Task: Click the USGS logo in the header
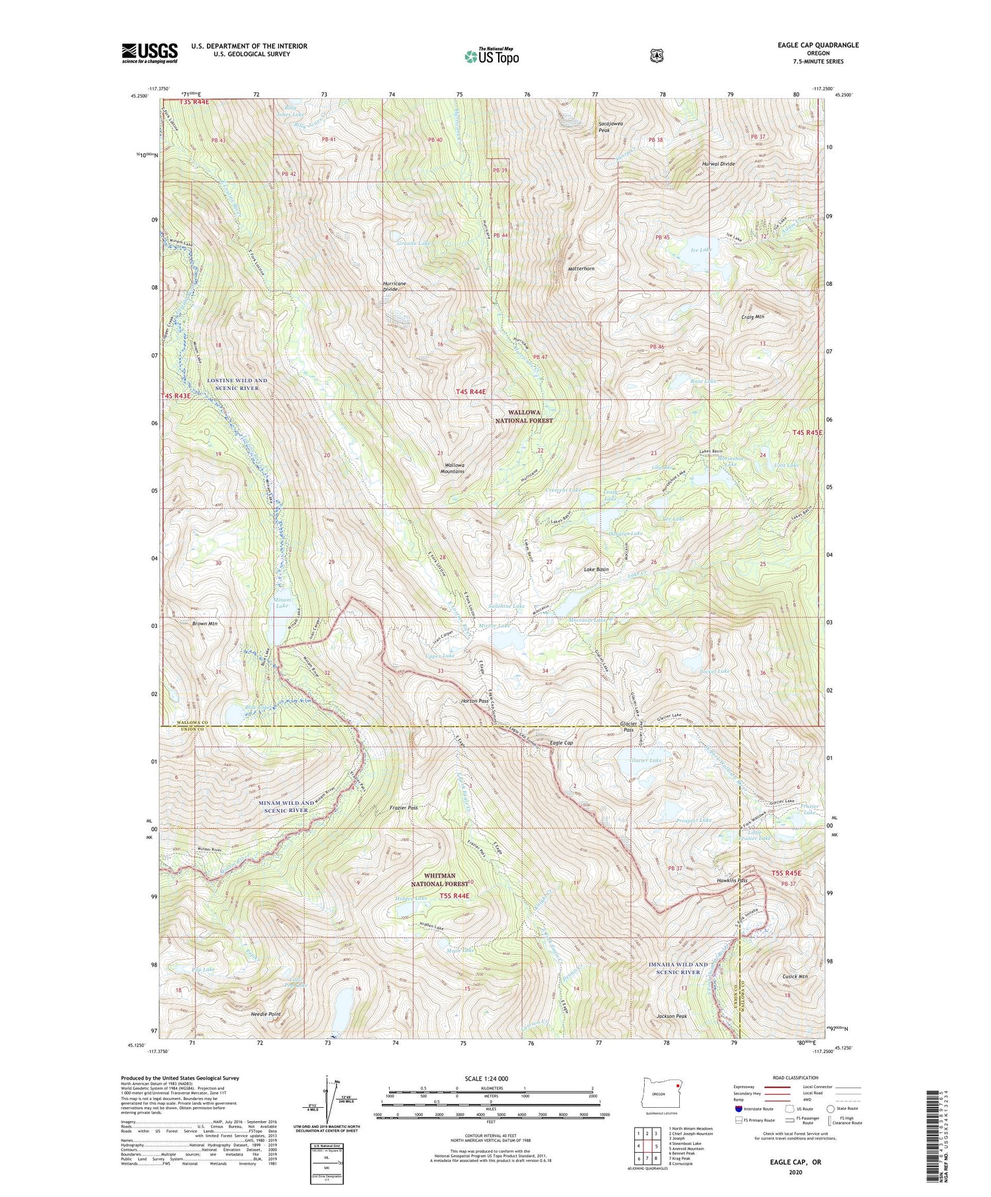coord(149,53)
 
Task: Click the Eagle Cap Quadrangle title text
coord(818,45)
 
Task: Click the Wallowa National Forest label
coord(524,415)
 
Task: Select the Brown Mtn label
coord(205,623)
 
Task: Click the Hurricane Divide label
coord(394,286)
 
